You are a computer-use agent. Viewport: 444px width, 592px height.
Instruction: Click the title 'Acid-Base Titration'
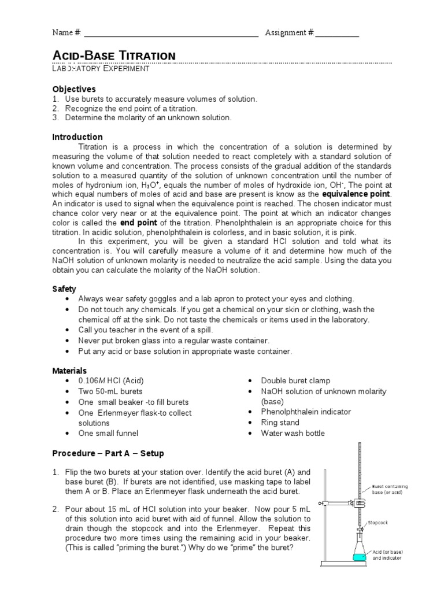(114, 55)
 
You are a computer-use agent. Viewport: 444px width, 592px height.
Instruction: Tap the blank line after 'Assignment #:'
(337, 34)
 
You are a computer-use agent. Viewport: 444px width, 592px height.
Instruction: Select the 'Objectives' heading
(74, 89)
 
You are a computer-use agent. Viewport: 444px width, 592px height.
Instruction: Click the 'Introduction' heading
(77, 137)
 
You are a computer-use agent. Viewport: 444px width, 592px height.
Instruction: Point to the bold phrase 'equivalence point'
(357, 193)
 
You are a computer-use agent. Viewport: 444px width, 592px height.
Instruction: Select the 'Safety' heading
(64, 288)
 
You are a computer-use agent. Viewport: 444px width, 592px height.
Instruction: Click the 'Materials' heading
(69, 371)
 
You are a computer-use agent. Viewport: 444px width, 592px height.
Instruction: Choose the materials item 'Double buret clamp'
(295, 381)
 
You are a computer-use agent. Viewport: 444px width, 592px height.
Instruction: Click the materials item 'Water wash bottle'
(293, 433)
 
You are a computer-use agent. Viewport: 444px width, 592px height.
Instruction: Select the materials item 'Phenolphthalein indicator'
(306, 412)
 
